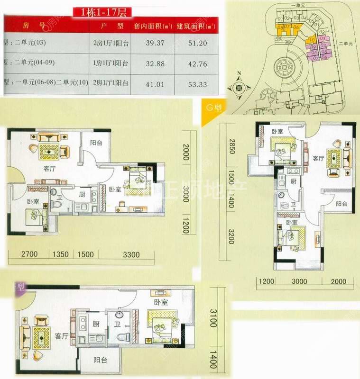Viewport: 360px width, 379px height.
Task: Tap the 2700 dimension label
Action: click(29, 254)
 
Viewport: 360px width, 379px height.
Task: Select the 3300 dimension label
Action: click(130, 254)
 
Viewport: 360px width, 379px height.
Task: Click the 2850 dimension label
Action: click(231, 147)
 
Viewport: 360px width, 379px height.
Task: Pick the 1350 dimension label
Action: click(62, 254)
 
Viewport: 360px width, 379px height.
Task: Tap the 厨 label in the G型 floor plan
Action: click(293, 182)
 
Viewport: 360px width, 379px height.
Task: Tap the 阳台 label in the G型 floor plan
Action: click(341, 204)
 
